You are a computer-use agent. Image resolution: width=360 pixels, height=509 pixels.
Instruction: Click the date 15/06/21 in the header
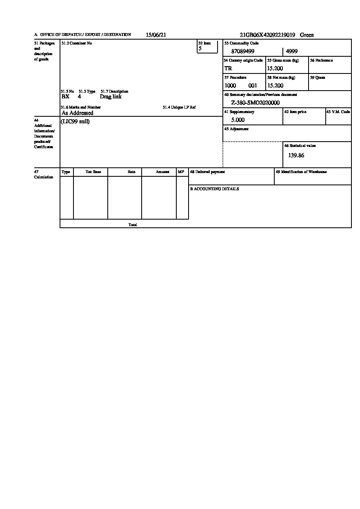pyautogui.click(x=156, y=35)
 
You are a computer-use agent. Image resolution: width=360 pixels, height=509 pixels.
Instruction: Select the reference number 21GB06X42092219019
pyautogui.click(x=267, y=35)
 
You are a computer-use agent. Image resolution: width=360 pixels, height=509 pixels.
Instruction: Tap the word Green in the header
pyautogui.click(x=307, y=35)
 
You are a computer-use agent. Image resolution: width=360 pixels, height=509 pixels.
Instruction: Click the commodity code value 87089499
pyautogui.click(x=243, y=51)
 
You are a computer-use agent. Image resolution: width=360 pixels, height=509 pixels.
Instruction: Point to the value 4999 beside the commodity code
pyautogui.click(x=292, y=51)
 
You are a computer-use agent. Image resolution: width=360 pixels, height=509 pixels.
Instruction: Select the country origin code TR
pyautogui.click(x=228, y=69)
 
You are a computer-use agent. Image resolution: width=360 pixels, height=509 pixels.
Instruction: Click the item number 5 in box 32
pyautogui.click(x=200, y=49)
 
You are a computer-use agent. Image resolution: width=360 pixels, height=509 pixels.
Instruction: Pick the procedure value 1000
pyautogui.click(x=230, y=86)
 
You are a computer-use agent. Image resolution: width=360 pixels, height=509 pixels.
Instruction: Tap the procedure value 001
pyautogui.click(x=253, y=86)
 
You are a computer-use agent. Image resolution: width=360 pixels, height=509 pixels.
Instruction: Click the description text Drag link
pyautogui.click(x=111, y=97)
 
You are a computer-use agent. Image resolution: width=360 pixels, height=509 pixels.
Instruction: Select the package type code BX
pyautogui.click(x=65, y=97)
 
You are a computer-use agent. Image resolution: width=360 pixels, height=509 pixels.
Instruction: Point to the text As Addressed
pyautogui.click(x=77, y=113)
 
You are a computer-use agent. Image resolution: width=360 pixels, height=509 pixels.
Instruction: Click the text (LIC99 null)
pyautogui.click(x=75, y=122)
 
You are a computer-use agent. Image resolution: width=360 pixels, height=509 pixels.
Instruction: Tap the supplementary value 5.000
pyautogui.click(x=238, y=120)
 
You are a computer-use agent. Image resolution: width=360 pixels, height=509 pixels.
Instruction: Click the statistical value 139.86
pyautogui.click(x=296, y=156)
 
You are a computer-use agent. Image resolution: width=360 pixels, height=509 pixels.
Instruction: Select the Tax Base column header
pyautogui.click(x=93, y=172)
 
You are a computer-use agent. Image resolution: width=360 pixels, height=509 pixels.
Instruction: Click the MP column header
pyautogui.click(x=181, y=172)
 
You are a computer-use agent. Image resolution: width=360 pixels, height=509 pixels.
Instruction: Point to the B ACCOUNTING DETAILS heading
pyautogui.click(x=214, y=189)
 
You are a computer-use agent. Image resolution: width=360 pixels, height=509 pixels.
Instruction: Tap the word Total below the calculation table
pyautogui.click(x=133, y=225)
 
